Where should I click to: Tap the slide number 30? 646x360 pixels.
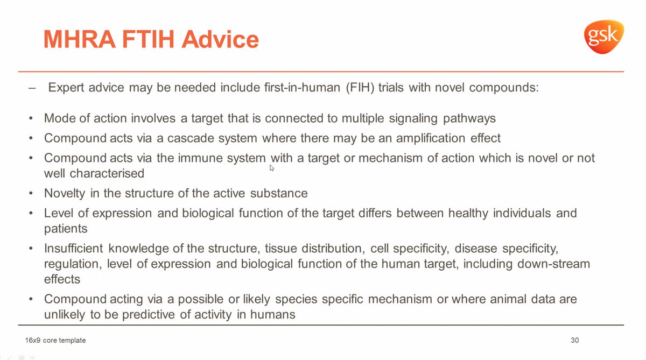(x=574, y=340)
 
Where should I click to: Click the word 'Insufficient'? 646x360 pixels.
(x=74, y=249)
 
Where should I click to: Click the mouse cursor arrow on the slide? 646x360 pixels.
(x=272, y=167)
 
